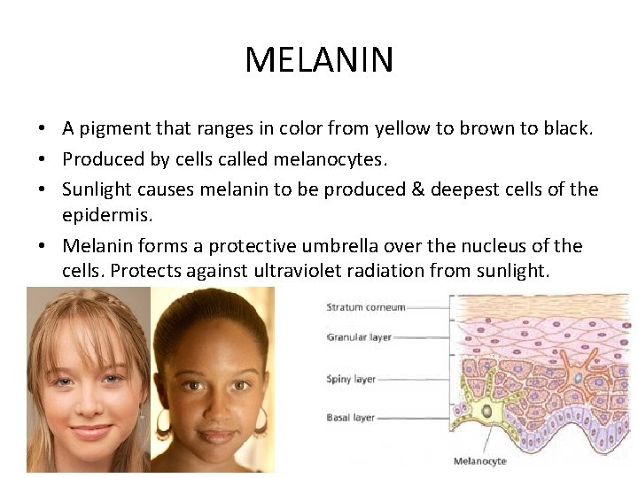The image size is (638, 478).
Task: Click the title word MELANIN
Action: (x=319, y=60)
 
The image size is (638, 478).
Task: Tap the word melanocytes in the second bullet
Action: (x=310, y=158)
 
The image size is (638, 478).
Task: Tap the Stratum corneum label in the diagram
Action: (x=366, y=307)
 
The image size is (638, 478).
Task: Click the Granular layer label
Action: (x=359, y=337)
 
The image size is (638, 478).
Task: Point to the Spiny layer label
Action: (x=352, y=379)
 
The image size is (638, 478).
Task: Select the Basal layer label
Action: (x=351, y=417)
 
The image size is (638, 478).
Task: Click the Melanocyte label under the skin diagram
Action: (x=480, y=460)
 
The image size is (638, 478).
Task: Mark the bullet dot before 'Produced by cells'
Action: (x=43, y=159)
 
